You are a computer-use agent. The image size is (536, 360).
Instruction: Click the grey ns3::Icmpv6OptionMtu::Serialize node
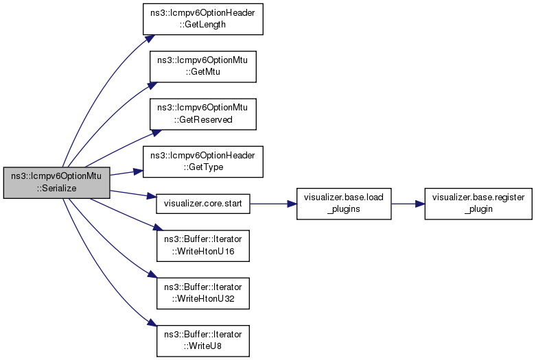(56, 182)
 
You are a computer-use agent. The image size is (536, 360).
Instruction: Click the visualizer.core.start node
(203, 204)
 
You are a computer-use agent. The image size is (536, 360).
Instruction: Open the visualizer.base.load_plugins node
(344, 204)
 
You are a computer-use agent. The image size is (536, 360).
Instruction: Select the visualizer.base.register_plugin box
(478, 204)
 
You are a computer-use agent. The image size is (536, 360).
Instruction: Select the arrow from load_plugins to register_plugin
(408, 204)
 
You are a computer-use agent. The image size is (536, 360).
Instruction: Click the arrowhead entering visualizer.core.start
(152, 197)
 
